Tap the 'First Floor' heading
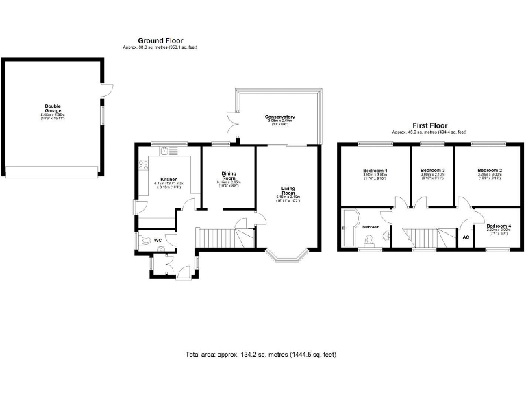(429, 125)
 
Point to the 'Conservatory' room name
(279, 117)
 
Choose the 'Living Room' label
(291, 191)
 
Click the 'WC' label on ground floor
(158, 240)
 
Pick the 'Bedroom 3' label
(433, 170)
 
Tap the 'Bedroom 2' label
(490, 170)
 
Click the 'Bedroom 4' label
(499, 226)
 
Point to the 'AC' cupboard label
(466, 237)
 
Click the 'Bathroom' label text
(371, 227)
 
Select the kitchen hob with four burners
(142, 164)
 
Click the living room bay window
(286, 256)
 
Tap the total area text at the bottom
(260, 355)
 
